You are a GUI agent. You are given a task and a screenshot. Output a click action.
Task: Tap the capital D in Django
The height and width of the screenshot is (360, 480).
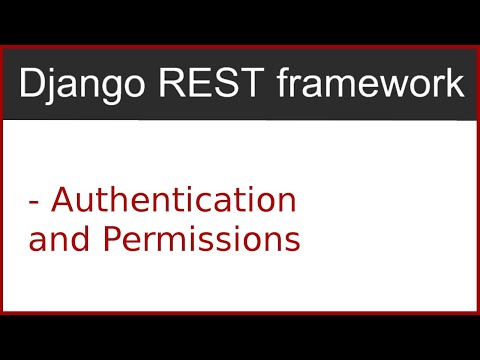tap(33, 85)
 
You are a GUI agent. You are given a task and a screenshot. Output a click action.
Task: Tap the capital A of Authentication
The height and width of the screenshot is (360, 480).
tap(62, 200)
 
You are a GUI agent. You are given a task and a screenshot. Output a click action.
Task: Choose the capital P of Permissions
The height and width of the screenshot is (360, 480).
tap(98, 240)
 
